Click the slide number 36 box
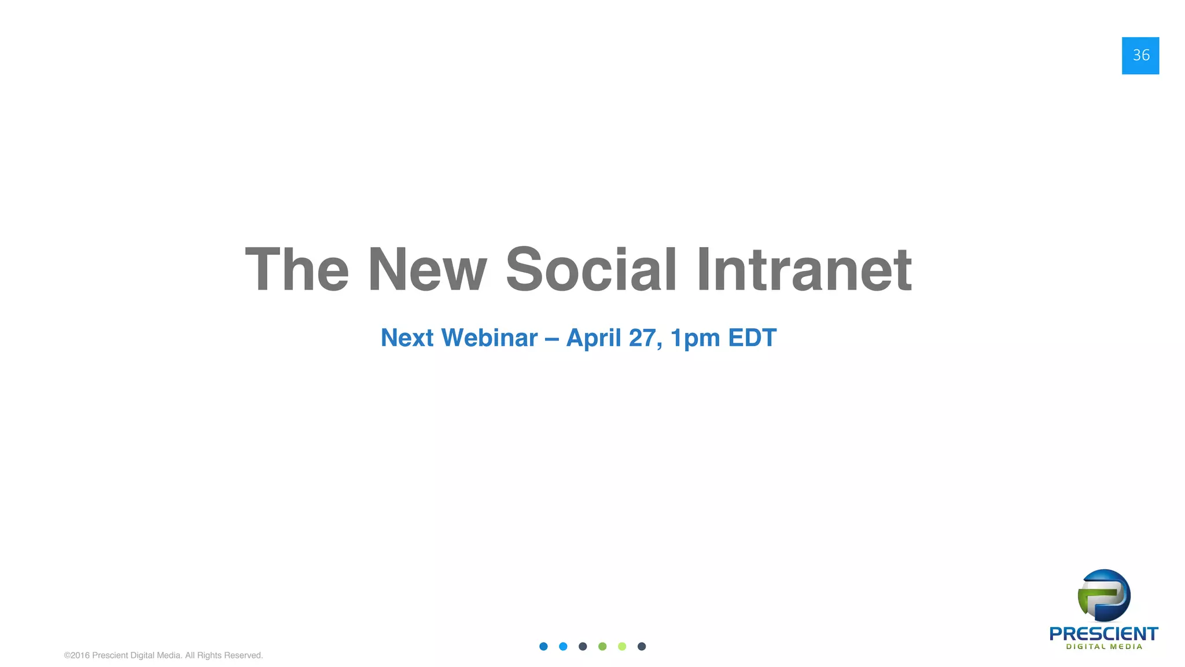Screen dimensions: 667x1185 (1140, 56)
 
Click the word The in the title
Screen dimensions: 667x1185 (297, 270)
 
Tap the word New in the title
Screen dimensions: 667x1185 (427, 270)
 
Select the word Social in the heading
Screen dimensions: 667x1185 (591, 270)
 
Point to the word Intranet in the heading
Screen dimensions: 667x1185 (804, 270)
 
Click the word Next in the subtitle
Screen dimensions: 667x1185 (407, 338)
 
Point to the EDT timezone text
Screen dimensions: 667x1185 (752, 338)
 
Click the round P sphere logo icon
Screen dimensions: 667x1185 (1104, 595)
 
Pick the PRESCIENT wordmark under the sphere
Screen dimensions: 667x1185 (1103, 633)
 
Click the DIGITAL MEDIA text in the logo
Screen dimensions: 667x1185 (1104, 647)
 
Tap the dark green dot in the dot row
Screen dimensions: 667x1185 (602, 646)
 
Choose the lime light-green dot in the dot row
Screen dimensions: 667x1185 (622, 646)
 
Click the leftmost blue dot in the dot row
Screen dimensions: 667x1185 (543, 646)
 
